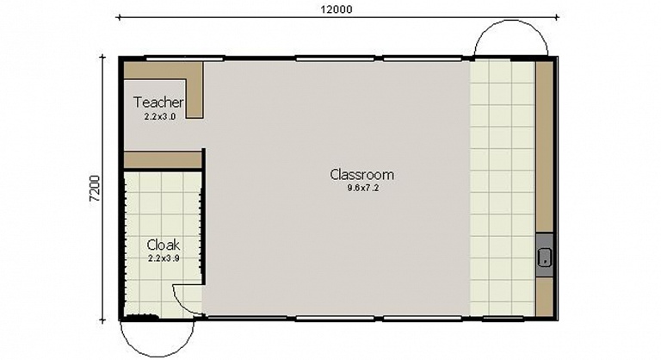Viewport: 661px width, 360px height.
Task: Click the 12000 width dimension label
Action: tap(337, 9)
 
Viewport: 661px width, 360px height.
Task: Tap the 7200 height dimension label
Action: tap(96, 188)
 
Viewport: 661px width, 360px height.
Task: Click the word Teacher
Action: tap(158, 102)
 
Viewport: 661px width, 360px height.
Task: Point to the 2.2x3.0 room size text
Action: tap(160, 117)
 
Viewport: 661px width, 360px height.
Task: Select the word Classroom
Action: tap(362, 174)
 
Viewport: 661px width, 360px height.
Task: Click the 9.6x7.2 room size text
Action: tap(363, 189)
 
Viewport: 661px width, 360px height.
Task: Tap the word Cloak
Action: tap(164, 245)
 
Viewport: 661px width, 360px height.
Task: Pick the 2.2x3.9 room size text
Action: tap(164, 258)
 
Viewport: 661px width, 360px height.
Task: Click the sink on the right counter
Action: tap(545, 257)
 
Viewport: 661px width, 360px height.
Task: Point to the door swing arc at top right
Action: tap(511, 22)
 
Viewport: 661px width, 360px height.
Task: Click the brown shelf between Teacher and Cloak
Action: tap(163, 160)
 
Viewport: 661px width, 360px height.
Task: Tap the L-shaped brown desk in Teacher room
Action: tap(195, 90)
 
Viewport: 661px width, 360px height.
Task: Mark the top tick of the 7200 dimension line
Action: tap(102, 57)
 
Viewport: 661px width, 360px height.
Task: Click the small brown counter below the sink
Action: tap(544, 296)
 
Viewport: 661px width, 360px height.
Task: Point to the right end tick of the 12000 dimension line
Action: tap(558, 17)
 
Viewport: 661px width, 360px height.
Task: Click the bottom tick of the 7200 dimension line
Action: tap(102, 320)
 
